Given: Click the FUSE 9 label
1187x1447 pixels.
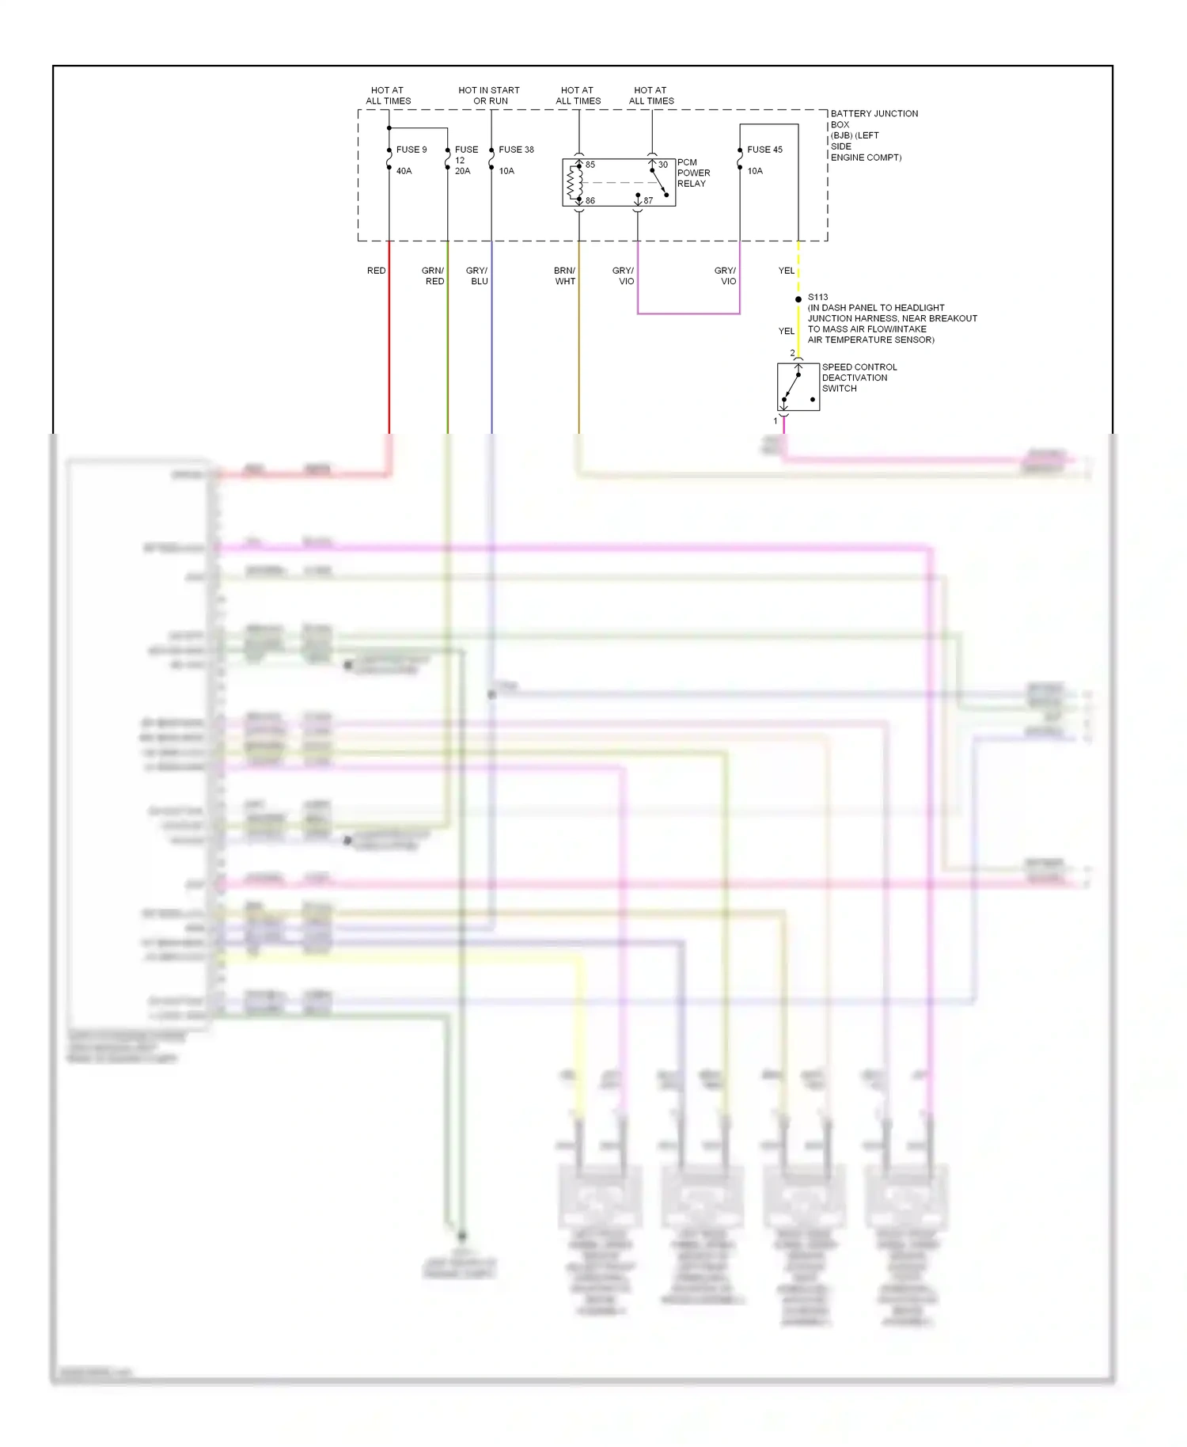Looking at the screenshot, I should [411, 150].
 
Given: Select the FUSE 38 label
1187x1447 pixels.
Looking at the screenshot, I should [516, 150].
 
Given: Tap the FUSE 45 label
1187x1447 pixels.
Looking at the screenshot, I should [764, 150].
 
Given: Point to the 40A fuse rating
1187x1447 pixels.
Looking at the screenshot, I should [404, 171].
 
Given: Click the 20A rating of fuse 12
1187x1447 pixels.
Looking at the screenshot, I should [462, 171].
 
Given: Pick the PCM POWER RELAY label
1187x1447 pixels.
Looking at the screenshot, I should [693, 173].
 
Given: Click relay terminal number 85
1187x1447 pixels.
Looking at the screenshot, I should [590, 165].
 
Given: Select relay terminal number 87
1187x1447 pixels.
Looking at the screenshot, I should [648, 201].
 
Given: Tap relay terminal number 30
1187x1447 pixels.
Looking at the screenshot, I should [663, 165].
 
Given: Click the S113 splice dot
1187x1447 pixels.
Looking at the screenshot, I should [798, 299].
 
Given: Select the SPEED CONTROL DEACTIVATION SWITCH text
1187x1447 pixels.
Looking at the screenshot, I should [859, 378].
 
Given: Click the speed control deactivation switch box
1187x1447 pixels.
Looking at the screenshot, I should [798, 387].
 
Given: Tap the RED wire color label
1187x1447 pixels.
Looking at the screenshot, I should [376, 271].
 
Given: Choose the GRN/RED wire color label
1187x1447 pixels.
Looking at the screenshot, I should [433, 275].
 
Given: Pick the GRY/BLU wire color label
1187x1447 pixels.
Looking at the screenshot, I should [477, 275].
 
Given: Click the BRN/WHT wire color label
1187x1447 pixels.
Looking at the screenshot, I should [565, 275].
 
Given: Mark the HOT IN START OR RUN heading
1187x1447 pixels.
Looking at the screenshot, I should [489, 96].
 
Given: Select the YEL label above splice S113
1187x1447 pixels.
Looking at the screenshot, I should [786, 271].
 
